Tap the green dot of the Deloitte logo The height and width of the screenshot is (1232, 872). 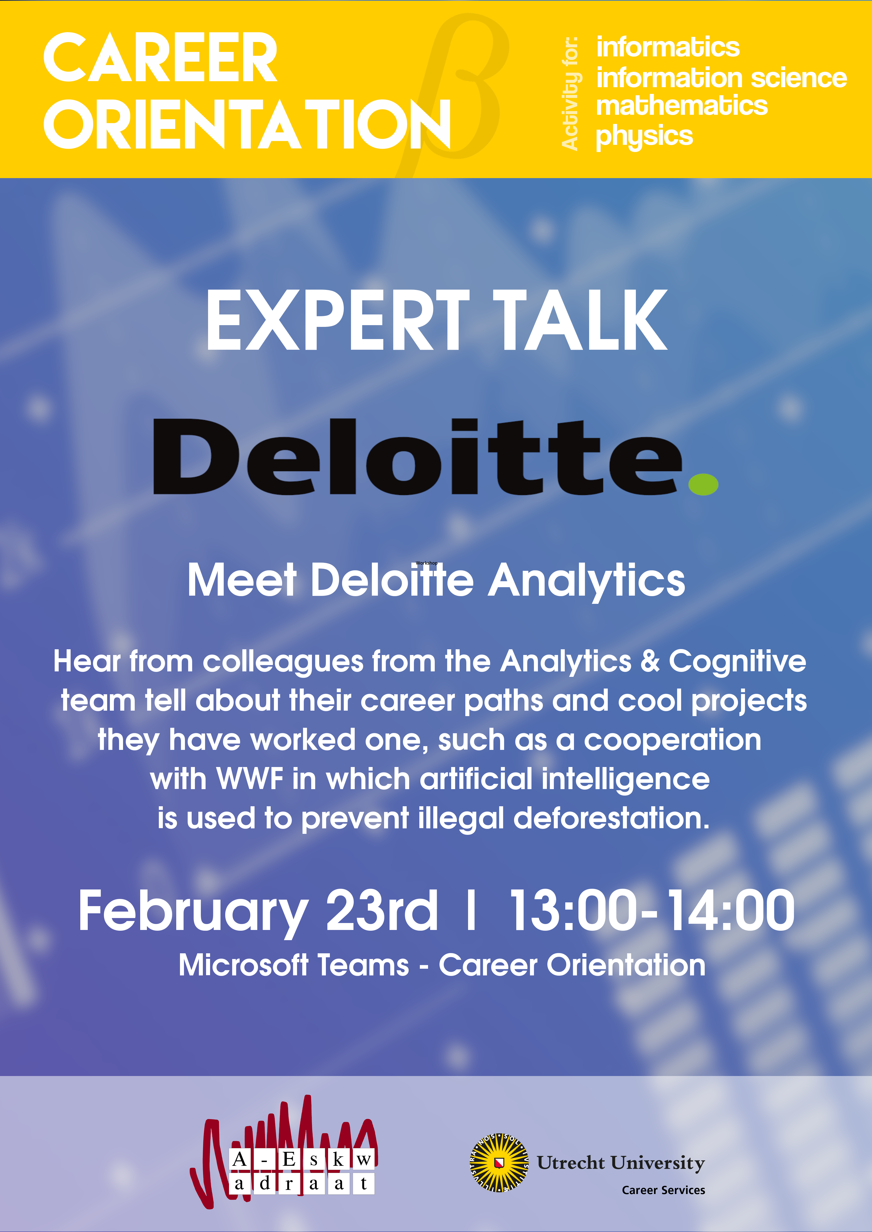703,484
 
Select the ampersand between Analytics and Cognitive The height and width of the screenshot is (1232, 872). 650,661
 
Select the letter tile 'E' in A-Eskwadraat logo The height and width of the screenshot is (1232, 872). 289,1159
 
